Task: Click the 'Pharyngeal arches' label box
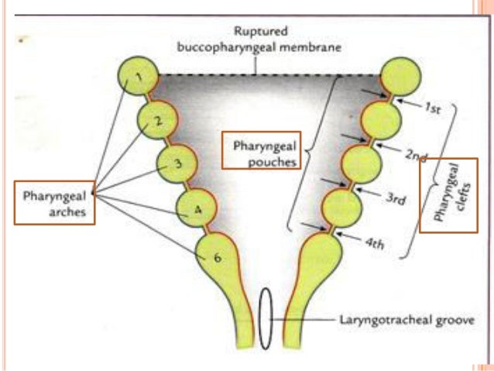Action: pyautogui.click(x=55, y=202)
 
